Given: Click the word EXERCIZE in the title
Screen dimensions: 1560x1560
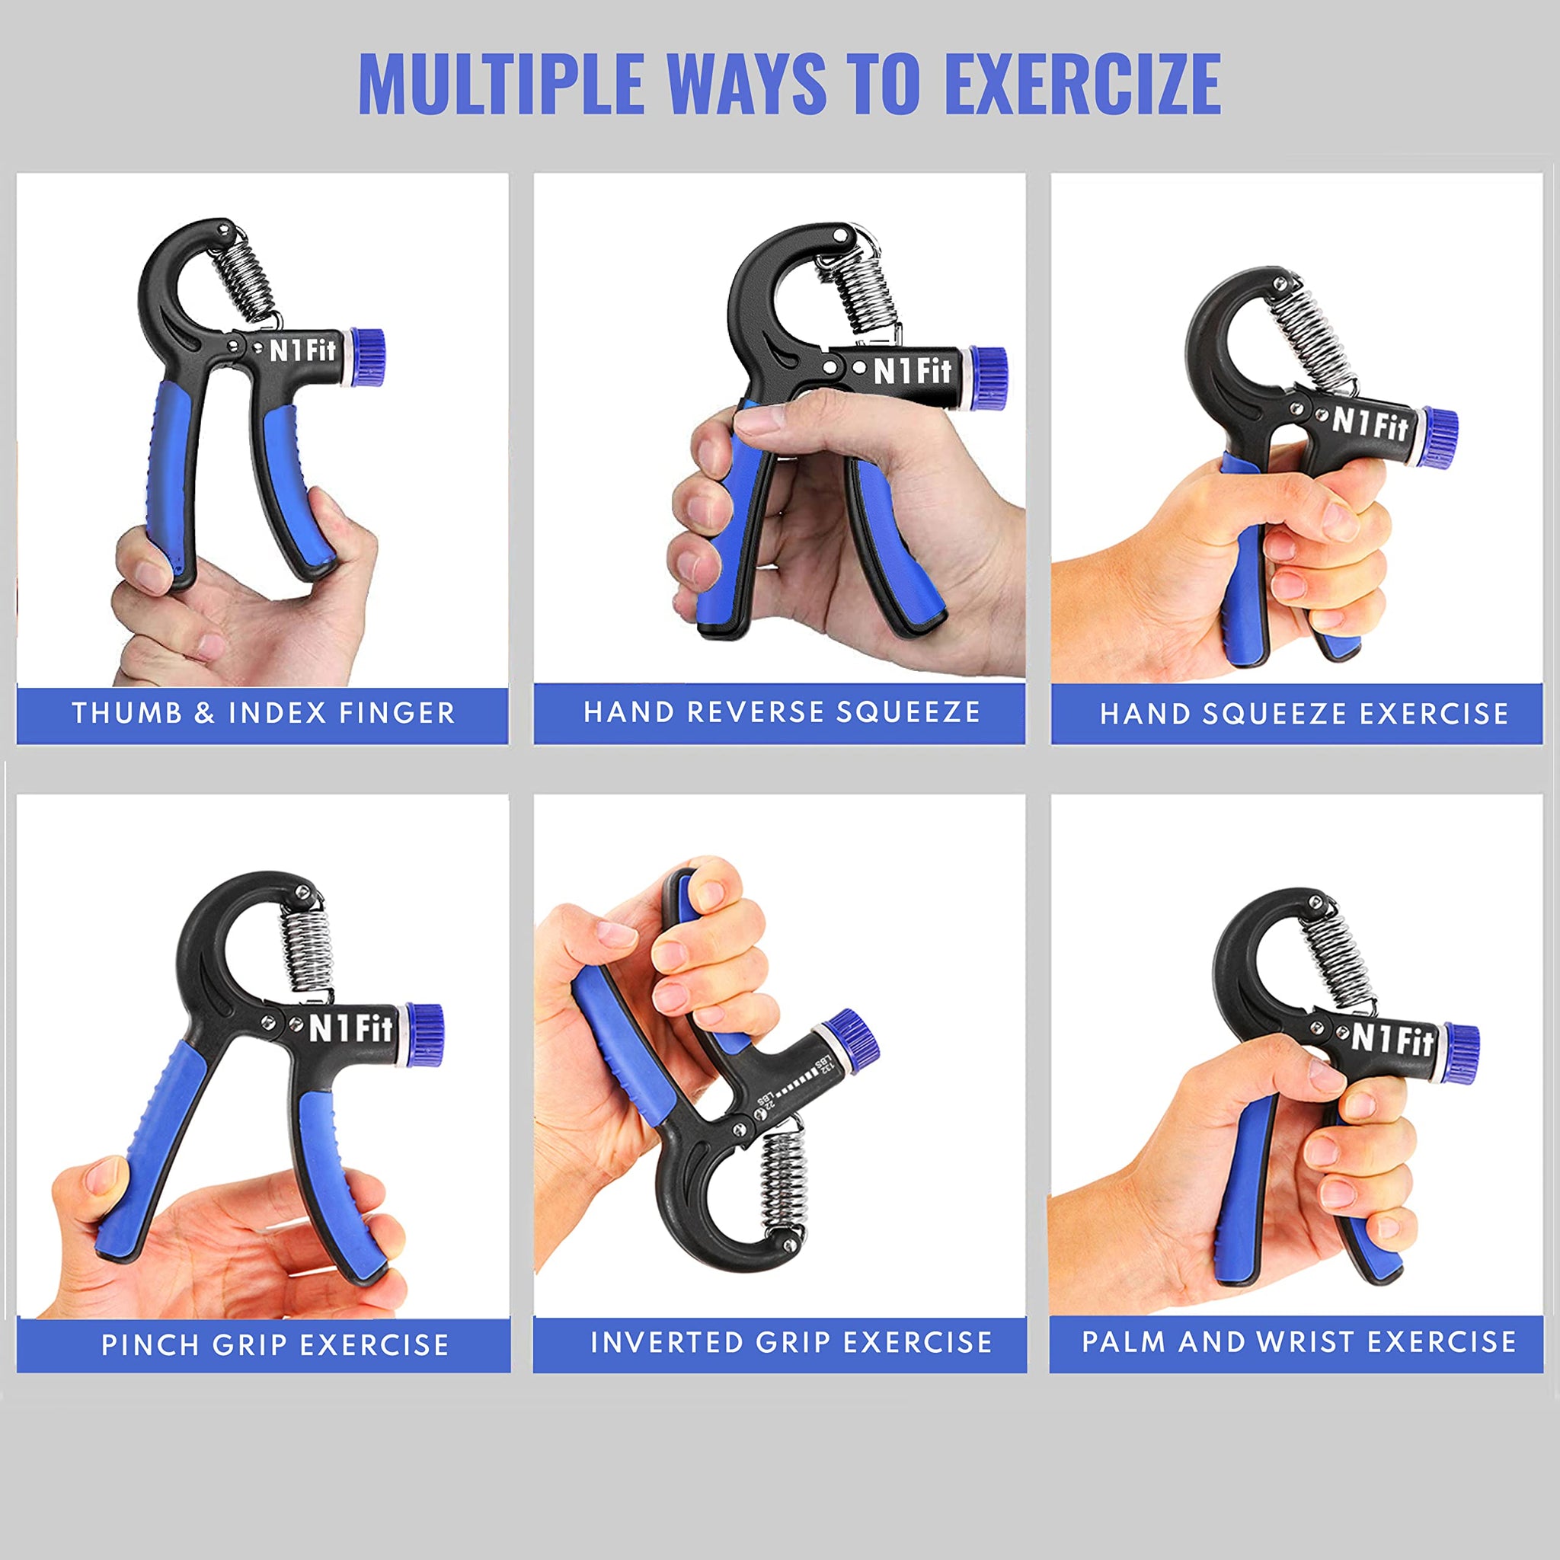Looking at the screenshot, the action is pos(1082,84).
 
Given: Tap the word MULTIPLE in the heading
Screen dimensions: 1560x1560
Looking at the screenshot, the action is pos(500,84).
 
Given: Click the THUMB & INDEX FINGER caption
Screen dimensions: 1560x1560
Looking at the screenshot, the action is pos(264,713).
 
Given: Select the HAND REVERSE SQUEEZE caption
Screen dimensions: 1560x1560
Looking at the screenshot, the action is pos(782,711).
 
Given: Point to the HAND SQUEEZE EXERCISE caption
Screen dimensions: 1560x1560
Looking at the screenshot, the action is pos(1304,714).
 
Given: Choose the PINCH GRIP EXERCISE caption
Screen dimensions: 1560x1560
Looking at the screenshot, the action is pos(274,1345).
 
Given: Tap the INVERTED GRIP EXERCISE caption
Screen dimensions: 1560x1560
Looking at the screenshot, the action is pos(791,1342).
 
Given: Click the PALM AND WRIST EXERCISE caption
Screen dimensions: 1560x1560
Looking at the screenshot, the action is pos(1299,1341).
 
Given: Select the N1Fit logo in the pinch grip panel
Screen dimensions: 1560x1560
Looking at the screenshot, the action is pos(350,1028).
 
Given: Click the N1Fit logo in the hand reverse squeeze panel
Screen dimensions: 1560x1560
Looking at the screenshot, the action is pos(913,371).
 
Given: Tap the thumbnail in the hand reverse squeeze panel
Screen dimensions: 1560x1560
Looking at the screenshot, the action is pos(763,420).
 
